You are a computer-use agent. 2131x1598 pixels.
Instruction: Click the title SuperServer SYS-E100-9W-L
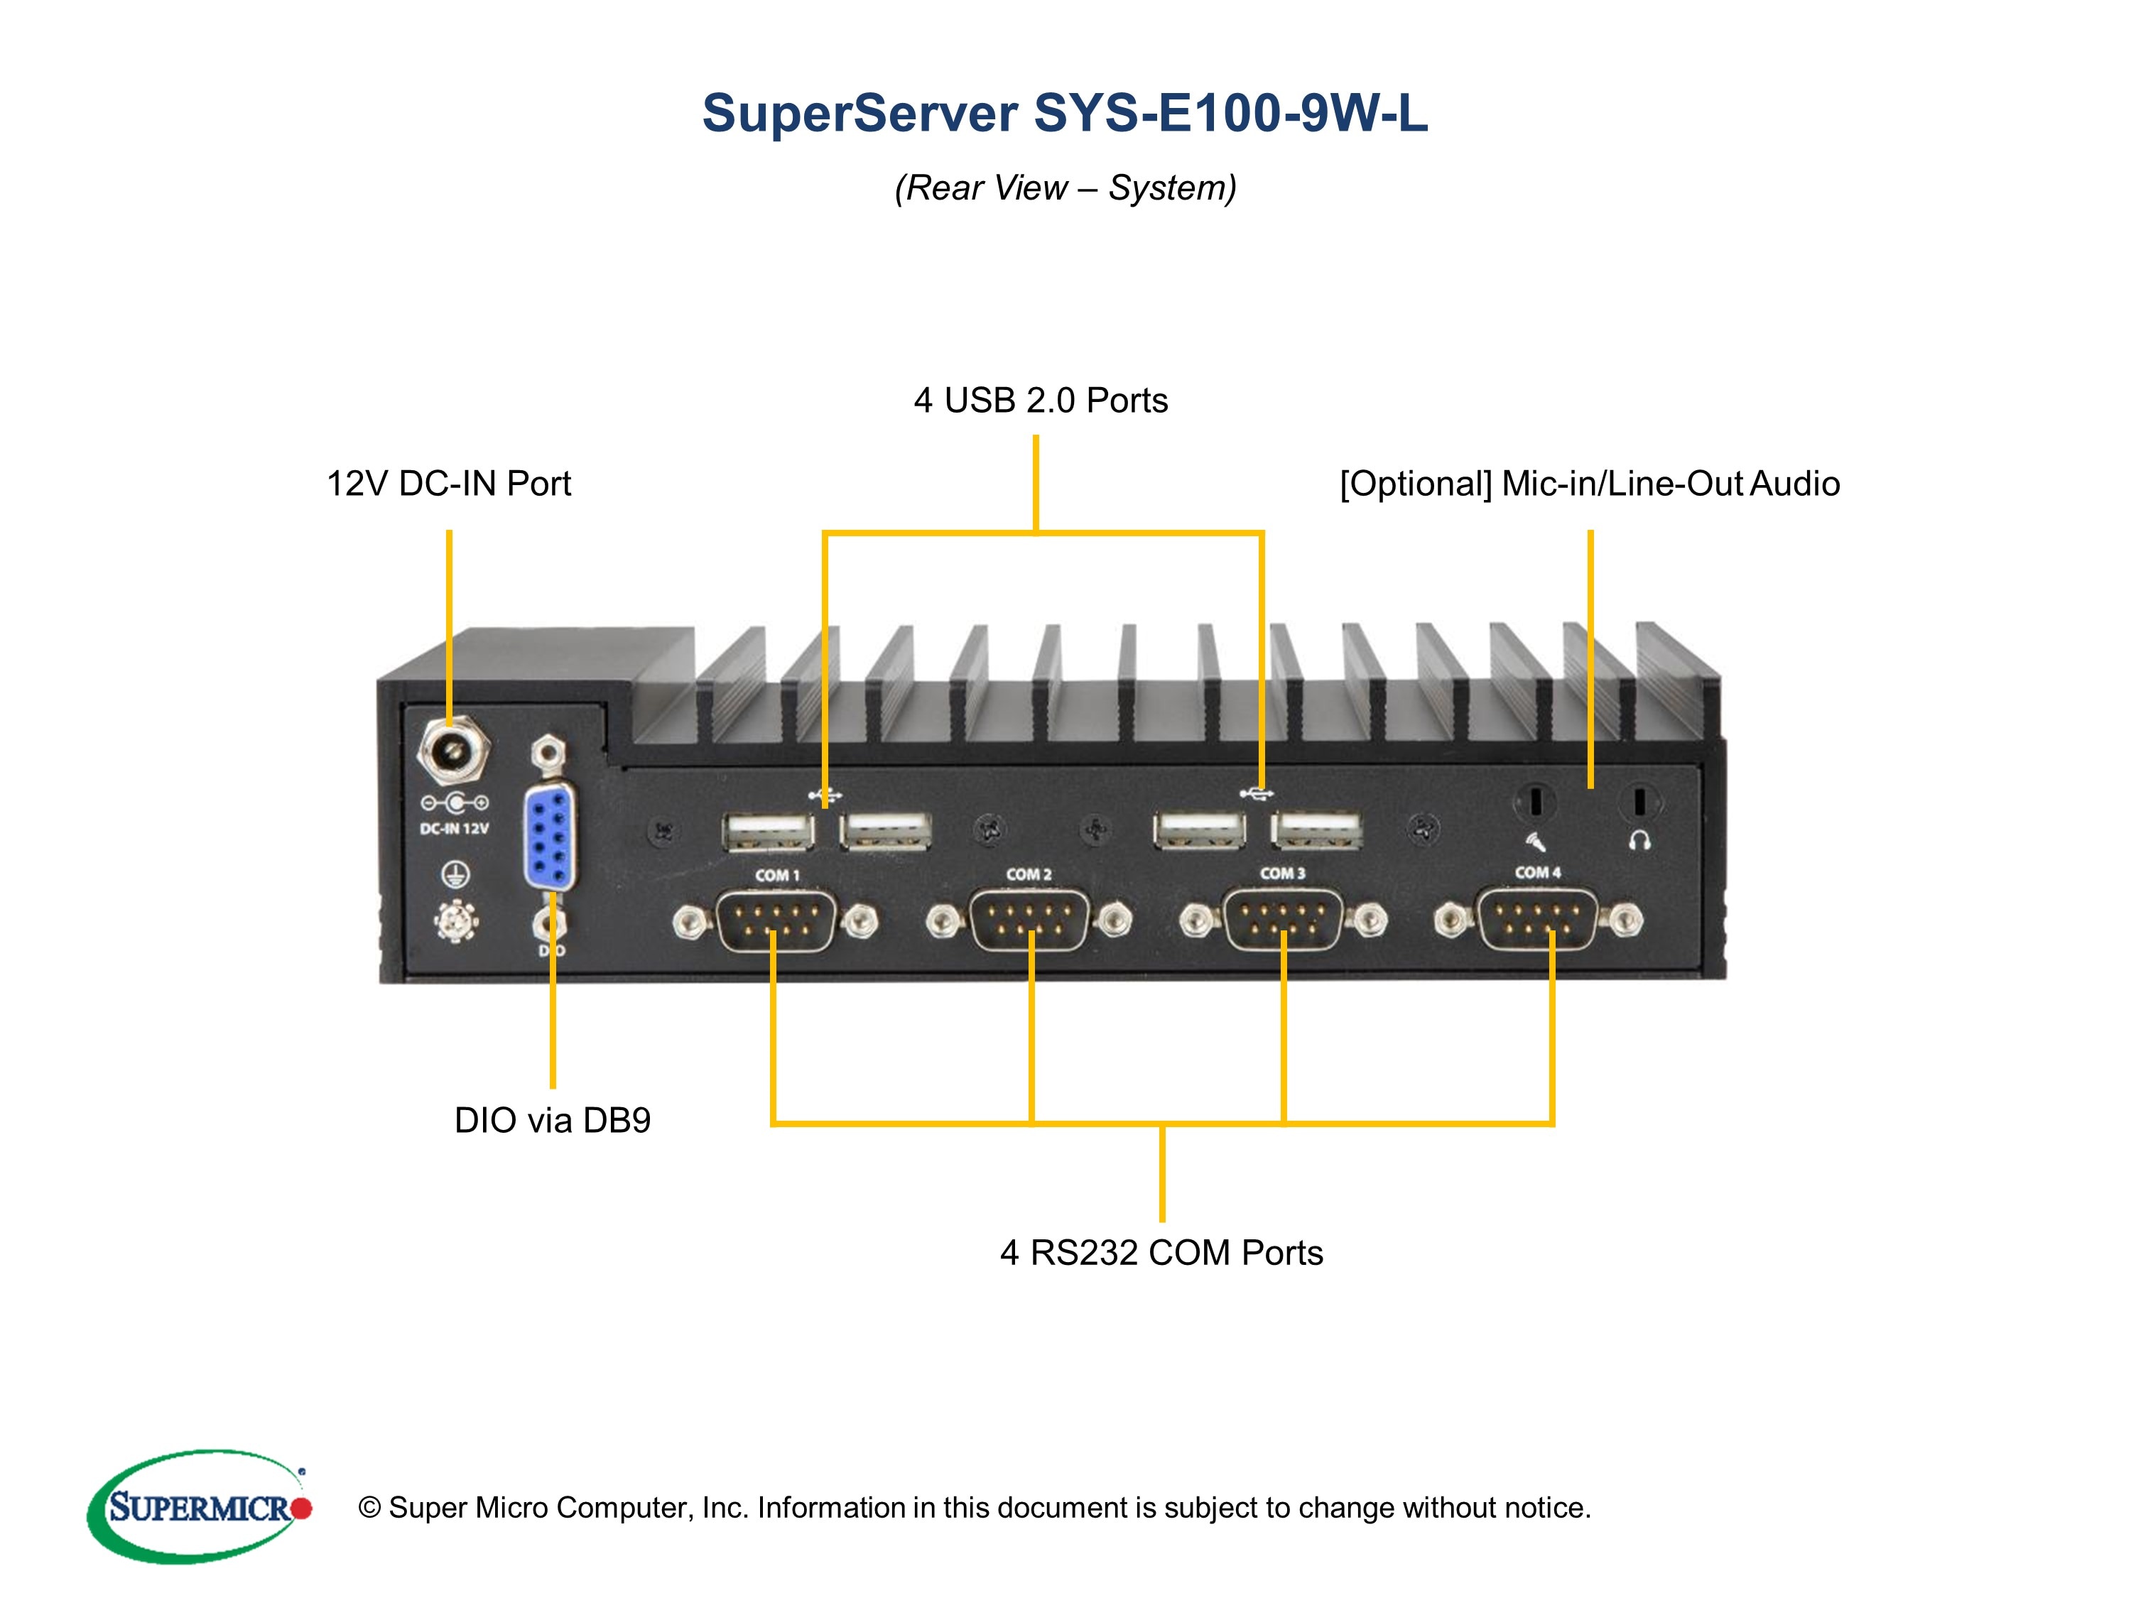1065,113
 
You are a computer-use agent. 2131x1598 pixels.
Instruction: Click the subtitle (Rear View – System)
1065,187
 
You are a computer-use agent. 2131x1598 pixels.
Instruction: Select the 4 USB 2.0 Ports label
1041,400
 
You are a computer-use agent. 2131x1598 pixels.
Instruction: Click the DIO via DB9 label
552,1120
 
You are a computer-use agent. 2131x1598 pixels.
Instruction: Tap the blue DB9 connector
550,836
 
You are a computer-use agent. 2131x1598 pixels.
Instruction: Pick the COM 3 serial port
1282,920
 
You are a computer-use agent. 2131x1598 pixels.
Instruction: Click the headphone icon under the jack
1639,841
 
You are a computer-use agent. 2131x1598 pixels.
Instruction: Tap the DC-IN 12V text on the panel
454,828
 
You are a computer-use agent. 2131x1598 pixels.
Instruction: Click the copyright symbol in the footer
369,1508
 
